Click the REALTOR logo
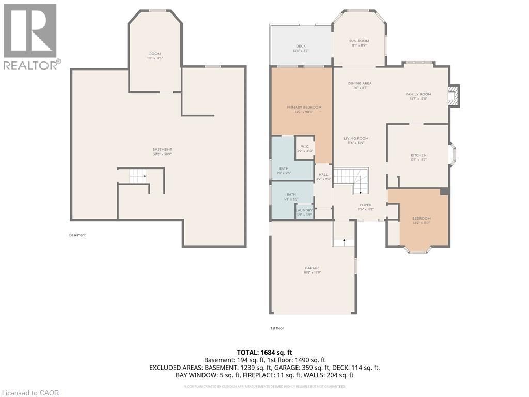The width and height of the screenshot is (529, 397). pos(30,37)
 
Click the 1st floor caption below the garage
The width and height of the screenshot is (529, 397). pos(277,328)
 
